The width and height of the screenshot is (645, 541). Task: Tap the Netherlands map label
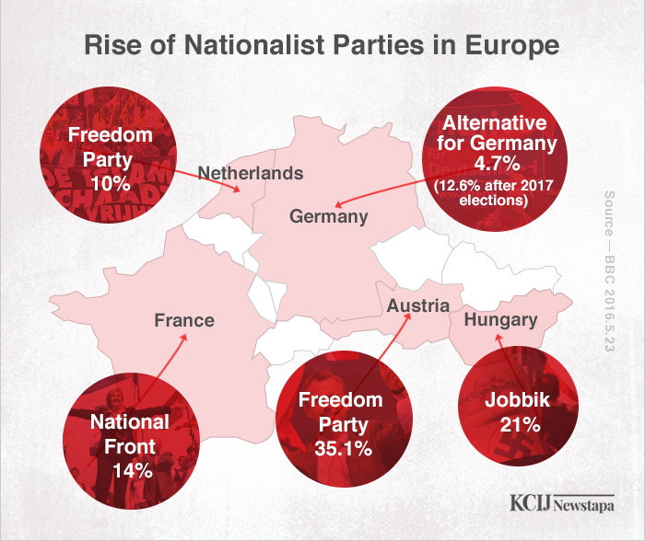[x=251, y=172]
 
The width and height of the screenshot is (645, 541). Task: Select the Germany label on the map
[x=329, y=217]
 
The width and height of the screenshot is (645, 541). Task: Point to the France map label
[x=184, y=320]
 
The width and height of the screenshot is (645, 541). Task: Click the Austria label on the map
[x=418, y=305]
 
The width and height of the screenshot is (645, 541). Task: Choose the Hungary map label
[x=500, y=320]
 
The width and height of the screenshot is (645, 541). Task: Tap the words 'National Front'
[x=129, y=434]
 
